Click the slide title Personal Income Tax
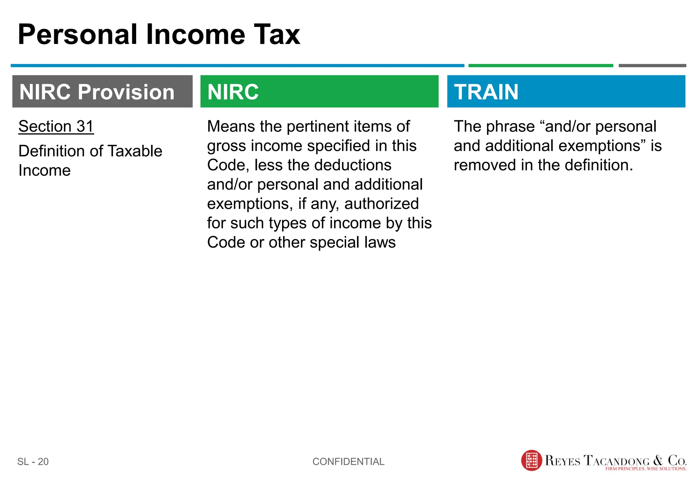tap(159, 34)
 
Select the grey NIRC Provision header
tap(102, 92)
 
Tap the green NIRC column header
tap(319, 92)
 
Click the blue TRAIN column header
tap(566, 92)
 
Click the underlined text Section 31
tap(56, 126)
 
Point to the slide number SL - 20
tap(33, 462)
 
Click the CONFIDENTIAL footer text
tap(348, 462)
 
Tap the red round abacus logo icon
tap(531, 461)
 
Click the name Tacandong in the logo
tap(616, 461)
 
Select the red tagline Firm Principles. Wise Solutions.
tap(646, 469)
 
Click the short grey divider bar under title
tap(652, 65)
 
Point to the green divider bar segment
tap(540, 65)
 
